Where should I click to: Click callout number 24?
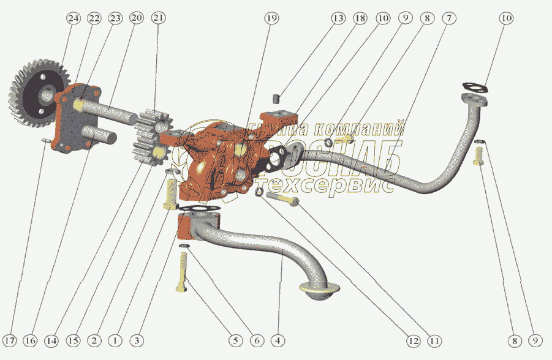[74, 19]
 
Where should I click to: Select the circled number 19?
[271, 19]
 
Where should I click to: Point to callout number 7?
[448, 19]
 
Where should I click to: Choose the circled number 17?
[10, 340]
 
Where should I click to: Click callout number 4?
[279, 340]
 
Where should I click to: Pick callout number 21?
[159, 19]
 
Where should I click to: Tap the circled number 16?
[31, 340]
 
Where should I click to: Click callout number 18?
[360, 19]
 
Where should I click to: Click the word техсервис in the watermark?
[325, 185]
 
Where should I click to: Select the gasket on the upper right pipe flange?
[475, 88]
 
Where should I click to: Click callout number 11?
[434, 340]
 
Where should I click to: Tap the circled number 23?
[115, 19]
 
